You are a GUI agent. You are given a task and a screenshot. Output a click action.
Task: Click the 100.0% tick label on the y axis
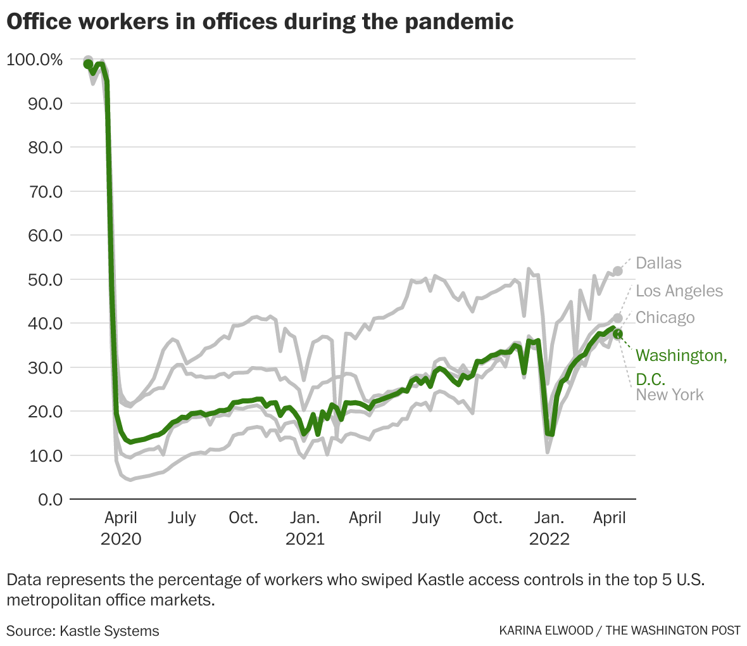pyautogui.click(x=35, y=60)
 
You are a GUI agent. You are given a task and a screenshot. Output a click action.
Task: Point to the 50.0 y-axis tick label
pyautogui.click(x=45, y=280)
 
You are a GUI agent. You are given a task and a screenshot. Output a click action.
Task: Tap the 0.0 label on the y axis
pyautogui.click(x=51, y=500)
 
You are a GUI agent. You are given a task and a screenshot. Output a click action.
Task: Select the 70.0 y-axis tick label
pyautogui.click(x=45, y=192)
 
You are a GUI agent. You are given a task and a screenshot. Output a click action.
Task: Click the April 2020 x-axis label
pyautogui.click(x=121, y=528)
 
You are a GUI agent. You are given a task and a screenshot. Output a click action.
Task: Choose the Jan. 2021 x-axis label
pyautogui.click(x=305, y=528)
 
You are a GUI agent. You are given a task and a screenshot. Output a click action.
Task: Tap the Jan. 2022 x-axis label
pyautogui.click(x=549, y=528)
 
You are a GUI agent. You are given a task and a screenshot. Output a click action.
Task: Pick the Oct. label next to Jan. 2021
pyautogui.click(x=244, y=518)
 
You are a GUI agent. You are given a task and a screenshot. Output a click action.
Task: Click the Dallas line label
pyautogui.click(x=658, y=263)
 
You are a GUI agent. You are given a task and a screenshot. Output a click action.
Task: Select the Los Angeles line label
pyautogui.click(x=679, y=291)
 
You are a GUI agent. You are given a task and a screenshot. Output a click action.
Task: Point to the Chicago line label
pyautogui.click(x=665, y=317)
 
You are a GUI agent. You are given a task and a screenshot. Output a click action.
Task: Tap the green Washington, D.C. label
pyautogui.click(x=681, y=367)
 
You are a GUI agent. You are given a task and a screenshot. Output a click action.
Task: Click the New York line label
pyautogui.click(x=669, y=395)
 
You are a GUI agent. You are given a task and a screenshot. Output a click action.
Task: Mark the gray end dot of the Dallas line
pyautogui.click(x=618, y=271)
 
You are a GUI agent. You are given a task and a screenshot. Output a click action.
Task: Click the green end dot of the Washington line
pyautogui.click(x=618, y=334)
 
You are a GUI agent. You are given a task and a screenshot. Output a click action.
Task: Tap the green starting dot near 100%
pyautogui.click(x=88, y=64)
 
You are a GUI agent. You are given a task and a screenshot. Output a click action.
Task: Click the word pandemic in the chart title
pyautogui.click(x=459, y=22)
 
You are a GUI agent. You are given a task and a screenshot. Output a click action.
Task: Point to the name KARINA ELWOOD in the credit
pyautogui.click(x=546, y=630)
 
